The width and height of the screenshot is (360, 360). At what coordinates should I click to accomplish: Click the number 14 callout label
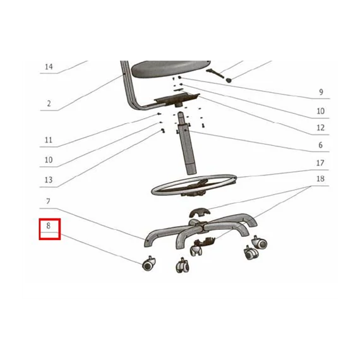tap(49, 67)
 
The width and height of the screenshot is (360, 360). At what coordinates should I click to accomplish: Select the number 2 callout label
tap(49, 104)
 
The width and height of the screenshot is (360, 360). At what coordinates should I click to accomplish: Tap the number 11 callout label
tap(49, 140)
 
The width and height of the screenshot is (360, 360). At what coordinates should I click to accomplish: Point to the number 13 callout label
tap(49, 180)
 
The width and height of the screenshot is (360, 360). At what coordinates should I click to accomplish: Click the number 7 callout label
tap(48, 201)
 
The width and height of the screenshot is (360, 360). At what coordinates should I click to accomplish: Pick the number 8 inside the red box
tap(48, 225)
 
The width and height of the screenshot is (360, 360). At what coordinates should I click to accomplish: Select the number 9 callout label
tap(321, 92)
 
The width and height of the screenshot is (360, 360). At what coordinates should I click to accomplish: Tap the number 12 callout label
tap(320, 128)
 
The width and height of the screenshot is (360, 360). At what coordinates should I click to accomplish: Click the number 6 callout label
tap(320, 145)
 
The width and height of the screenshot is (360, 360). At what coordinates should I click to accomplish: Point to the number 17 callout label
tap(320, 163)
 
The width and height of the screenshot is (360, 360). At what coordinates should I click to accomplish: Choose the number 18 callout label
tap(320, 179)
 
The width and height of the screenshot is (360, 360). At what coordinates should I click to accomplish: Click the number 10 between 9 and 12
tap(320, 111)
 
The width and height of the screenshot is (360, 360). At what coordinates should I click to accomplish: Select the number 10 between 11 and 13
tap(49, 160)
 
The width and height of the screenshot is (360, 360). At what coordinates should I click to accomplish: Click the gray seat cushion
tap(171, 68)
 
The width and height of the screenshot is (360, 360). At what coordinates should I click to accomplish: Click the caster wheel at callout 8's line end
tap(148, 264)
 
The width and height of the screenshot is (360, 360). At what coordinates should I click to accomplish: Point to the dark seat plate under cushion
tap(177, 99)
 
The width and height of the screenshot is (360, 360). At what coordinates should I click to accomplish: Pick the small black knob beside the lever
tap(229, 80)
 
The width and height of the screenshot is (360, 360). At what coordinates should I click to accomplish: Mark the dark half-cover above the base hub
tap(200, 212)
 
